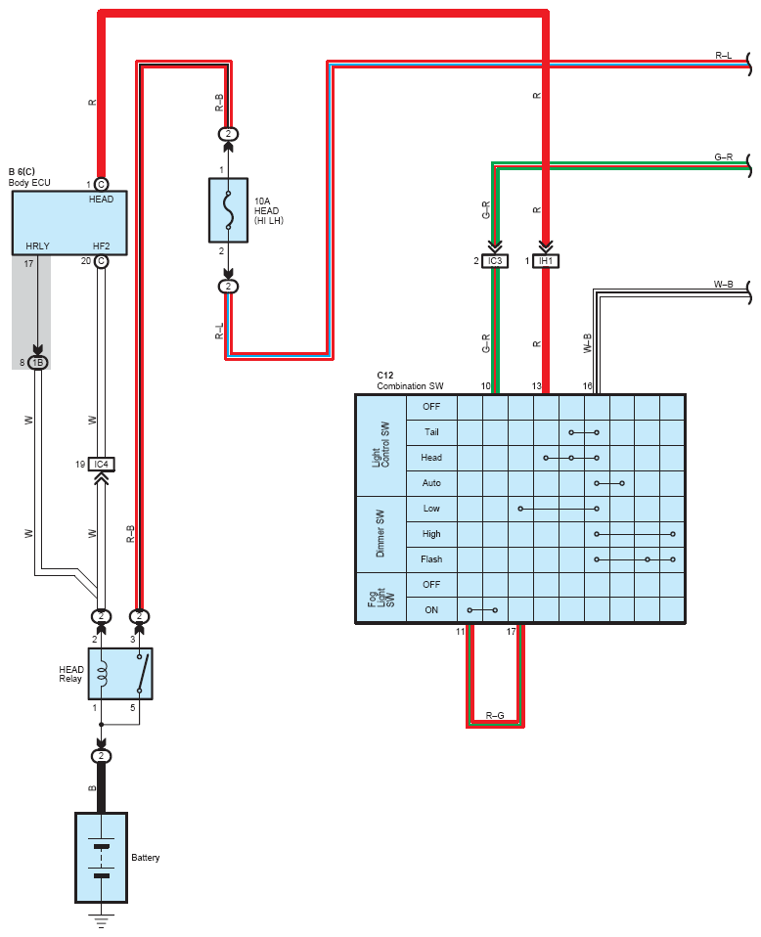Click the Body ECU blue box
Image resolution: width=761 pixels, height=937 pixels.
point(69,223)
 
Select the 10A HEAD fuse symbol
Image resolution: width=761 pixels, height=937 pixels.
point(228,209)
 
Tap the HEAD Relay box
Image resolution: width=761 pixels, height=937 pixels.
point(120,674)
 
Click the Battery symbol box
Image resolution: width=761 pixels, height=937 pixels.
point(101,858)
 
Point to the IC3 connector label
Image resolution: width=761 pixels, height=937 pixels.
point(495,261)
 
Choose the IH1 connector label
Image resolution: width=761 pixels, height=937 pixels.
point(546,261)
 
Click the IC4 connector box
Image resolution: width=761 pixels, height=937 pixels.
point(101,465)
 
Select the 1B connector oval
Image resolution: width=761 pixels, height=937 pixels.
point(38,363)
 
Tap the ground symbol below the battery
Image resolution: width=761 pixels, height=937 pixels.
point(101,920)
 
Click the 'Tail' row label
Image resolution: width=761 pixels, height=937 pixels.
point(431,432)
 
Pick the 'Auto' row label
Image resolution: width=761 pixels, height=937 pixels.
point(431,483)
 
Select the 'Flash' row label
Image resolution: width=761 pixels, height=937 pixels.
point(431,559)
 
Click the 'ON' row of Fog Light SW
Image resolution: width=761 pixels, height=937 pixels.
point(431,610)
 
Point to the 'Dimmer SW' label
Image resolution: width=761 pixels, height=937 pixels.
point(380,534)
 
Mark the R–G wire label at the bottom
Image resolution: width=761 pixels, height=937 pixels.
point(495,715)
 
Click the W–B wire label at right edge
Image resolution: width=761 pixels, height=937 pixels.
point(723,285)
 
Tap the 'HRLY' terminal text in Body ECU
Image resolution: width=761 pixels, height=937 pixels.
point(38,246)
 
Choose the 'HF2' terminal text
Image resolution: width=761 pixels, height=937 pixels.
point(101,246)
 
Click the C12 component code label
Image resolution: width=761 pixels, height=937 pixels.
point(385,376)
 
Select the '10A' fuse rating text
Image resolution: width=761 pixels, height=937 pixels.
point(262,201)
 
